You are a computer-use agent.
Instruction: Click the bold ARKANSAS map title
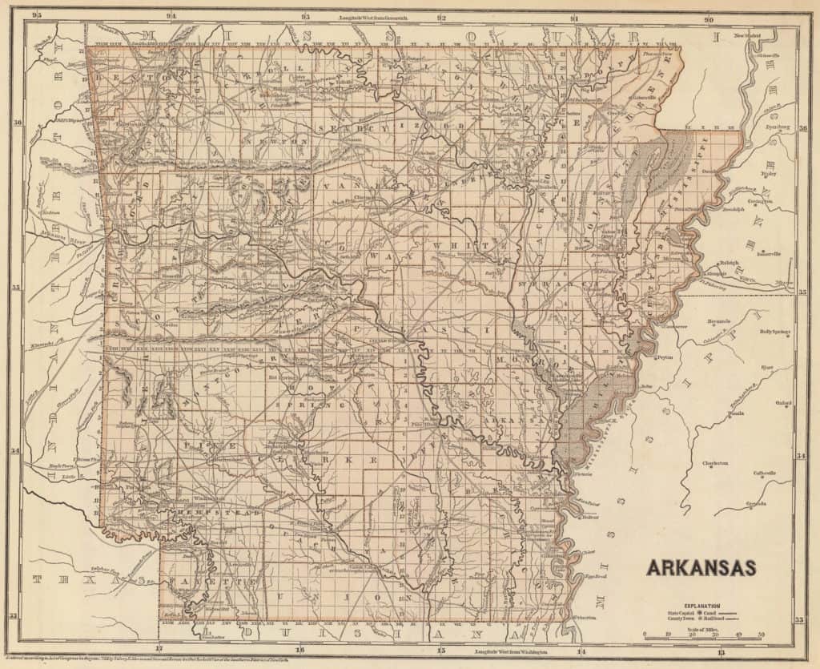pyautogui.click(x=701, y=567)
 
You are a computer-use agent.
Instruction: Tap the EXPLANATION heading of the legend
pyautogui.click(x=696, y=607)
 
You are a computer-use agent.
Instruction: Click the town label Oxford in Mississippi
pyautogui.click(x=783, y=403)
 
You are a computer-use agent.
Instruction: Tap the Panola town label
pyautogui.click(x=735, y=413)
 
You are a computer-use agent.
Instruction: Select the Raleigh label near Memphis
pyautogui.click(x=727, y=262)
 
